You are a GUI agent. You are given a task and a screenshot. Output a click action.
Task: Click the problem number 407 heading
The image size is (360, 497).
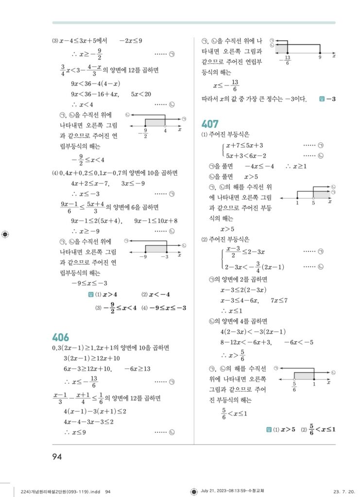coord(210,124)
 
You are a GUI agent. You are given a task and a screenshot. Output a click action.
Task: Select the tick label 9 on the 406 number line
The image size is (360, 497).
coord(320,57)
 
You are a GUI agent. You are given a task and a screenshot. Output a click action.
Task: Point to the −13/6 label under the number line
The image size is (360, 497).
coord(288,60)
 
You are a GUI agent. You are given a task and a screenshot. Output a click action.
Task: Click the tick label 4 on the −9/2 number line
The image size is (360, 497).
coord(165,130)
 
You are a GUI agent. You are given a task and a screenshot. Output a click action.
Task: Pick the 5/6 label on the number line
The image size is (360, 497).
coord(294,387)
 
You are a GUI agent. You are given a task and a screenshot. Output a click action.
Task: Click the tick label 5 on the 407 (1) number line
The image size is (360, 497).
coord(313,202)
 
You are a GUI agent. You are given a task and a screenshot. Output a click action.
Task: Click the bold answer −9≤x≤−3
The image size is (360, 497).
coord(168,308)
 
